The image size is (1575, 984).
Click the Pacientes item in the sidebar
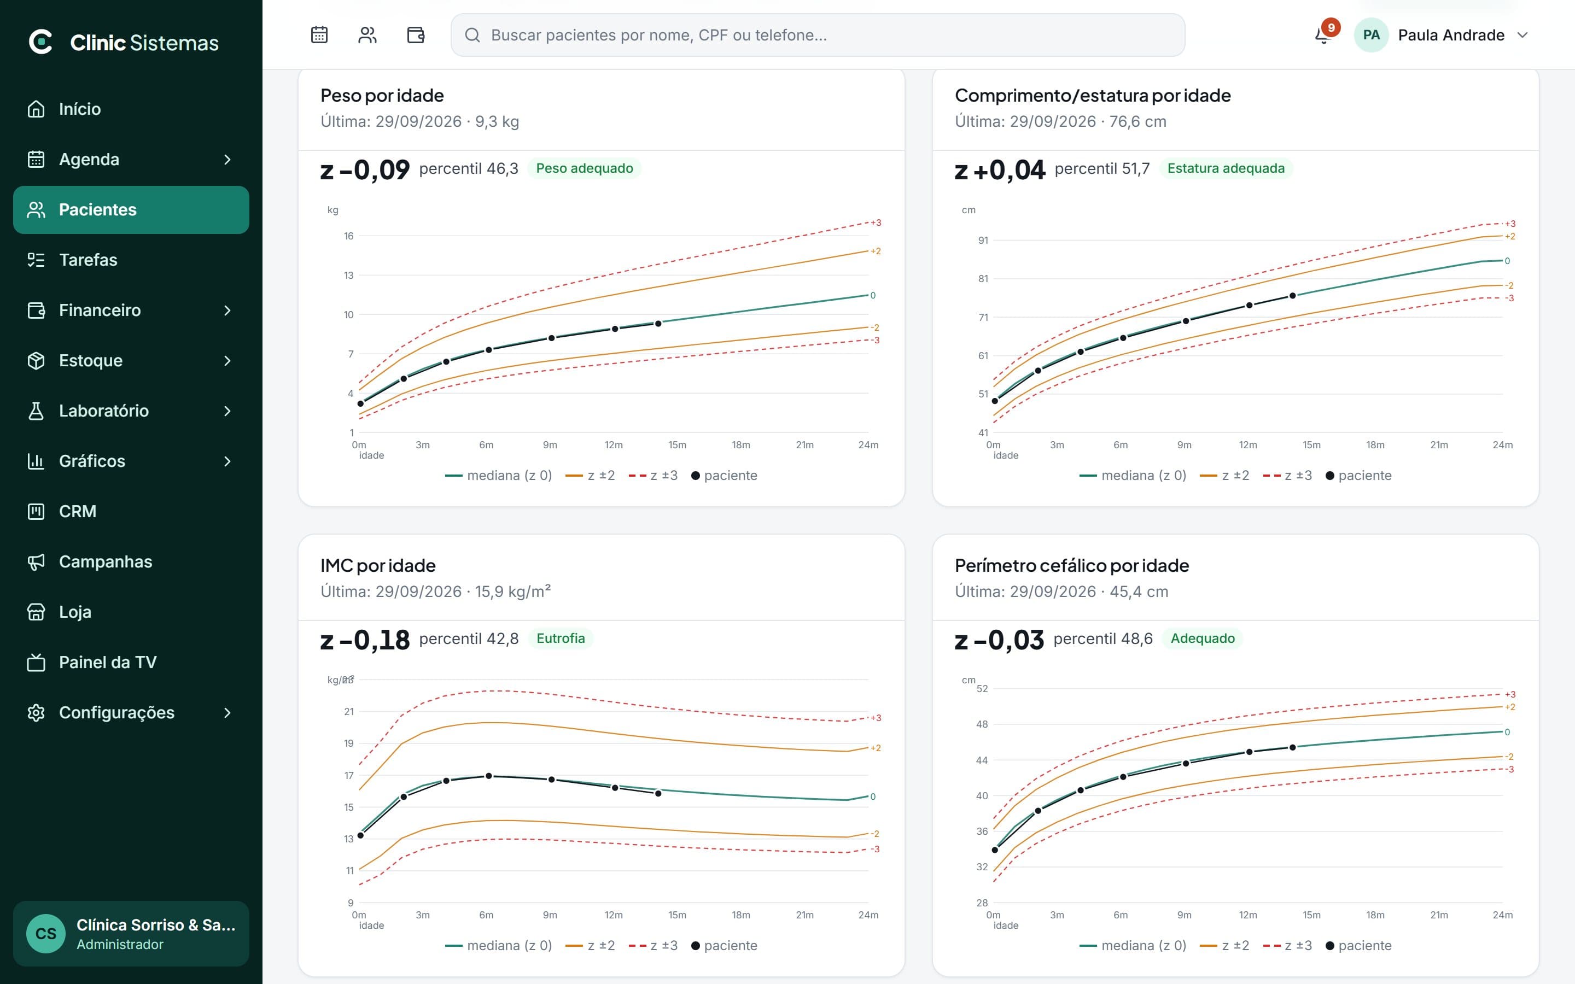pos(131,209)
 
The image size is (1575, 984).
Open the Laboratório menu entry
pos(131,411)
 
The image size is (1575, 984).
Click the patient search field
pos(818,35)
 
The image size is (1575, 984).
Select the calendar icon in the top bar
pos(319,34)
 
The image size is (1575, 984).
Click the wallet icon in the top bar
pos(415,34)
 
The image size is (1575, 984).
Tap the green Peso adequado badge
pos(585,168)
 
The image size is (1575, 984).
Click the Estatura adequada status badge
pos(1226,168)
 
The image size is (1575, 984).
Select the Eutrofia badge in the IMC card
pos(561,639)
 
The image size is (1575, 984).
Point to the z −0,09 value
pos(365,170)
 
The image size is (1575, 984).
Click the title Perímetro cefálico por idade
pos(1071,566)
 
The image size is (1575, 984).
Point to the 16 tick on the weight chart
pos(349,236)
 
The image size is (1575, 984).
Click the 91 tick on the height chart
pos(983,240)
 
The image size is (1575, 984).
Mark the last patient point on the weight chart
pos(658,324)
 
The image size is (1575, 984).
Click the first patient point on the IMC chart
pos(360,835)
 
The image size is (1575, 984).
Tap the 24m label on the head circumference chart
pos(1502,915)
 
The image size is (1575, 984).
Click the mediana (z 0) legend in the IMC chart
pos(499,946)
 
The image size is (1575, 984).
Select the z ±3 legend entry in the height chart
pos(1287,476)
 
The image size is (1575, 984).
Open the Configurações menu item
pos(131,713)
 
